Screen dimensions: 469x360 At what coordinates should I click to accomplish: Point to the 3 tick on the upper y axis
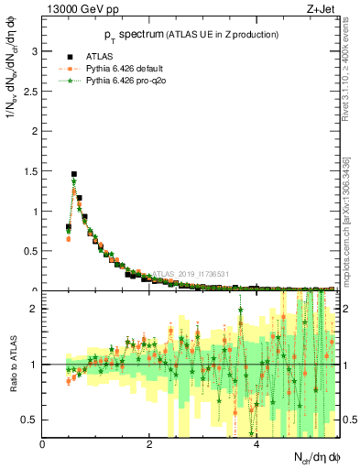point(36,51)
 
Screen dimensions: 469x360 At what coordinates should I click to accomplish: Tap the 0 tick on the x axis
point(43,444)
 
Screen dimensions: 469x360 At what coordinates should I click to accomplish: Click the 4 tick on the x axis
point(256,444)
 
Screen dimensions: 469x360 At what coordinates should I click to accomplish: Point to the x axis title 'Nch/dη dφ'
point(312,457)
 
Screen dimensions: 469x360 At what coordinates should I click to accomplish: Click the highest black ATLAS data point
point(74,174)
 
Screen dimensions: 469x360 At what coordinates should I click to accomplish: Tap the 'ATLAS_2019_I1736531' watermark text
point(192,273)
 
